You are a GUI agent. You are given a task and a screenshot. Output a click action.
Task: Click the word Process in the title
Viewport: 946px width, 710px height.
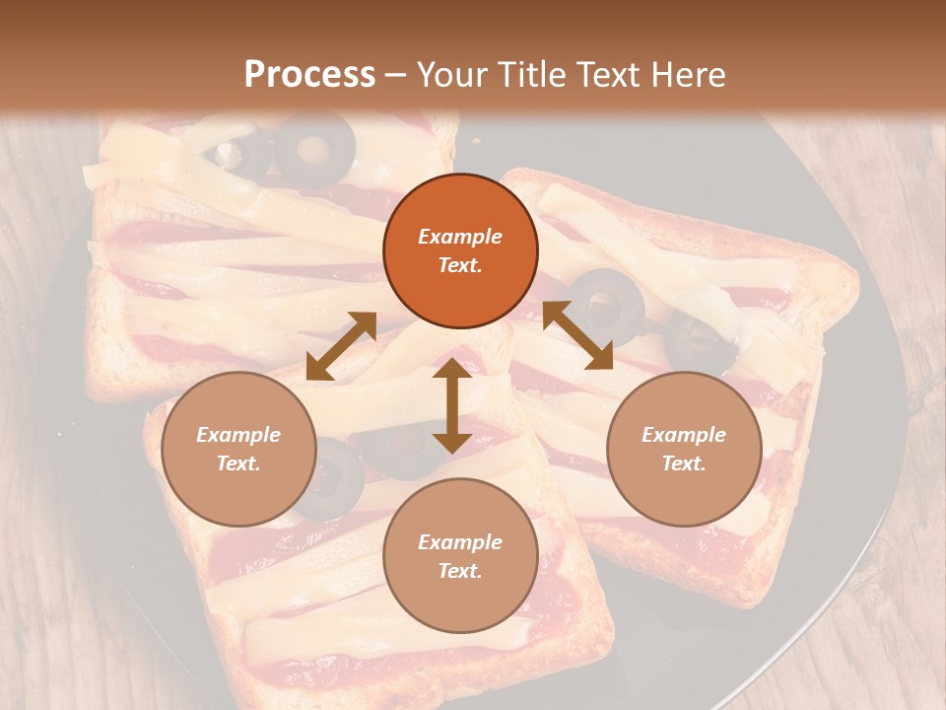pyautogui.click(x=309, y=75)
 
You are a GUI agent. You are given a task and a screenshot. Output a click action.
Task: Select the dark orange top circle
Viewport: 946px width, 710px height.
pyautogui.click(x=460, y=250)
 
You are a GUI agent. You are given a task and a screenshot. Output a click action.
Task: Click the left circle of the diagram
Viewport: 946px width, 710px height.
pyautogui.click(x=238, y=449)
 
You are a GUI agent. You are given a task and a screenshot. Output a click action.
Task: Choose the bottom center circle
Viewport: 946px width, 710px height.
pyautogui.click(x=460, y=556)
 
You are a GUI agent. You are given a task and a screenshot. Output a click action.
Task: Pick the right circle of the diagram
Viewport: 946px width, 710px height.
pyautogui.click(x=684, y=449)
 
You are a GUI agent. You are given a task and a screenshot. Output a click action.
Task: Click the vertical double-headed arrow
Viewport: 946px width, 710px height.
pyautogui.click(x=452, y=405)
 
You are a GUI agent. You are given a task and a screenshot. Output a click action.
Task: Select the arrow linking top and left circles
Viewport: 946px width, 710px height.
pyautogui.click(x=341, y=346)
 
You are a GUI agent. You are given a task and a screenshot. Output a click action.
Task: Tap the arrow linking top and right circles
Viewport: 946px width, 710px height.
pyautogui.click(x=577, y=335)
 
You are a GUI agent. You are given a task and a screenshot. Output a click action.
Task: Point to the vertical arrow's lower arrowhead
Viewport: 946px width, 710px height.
pyautogui.click(x=452, y=440)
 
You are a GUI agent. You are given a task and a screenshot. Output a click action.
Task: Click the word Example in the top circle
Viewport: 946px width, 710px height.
pyautogui.click(x=460, y=237)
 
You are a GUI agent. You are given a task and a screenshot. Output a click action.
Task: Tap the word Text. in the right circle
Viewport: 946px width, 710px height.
pyautogui.click(x=684, y=463)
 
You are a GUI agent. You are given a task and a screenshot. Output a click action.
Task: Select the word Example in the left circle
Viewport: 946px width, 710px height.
pyautogui.click(x=238, y=435)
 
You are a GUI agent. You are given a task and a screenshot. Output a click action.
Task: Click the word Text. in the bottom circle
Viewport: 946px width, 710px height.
pyautogui.click(x=460, y=571)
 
